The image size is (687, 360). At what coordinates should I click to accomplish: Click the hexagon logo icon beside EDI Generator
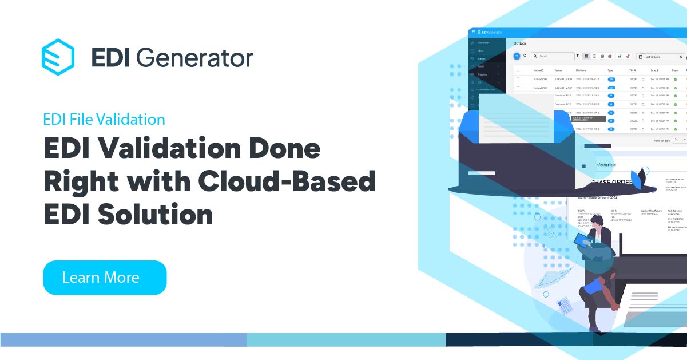pyautogui.click(x=58, y=57)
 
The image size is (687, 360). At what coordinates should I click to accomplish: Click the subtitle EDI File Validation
pyautogui.click(x=104, y=120)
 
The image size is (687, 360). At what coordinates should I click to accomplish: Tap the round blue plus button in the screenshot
pyautogui.click(x=517, y=56)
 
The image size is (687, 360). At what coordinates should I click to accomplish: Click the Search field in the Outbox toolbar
pyautogui.click(x=554, y=56)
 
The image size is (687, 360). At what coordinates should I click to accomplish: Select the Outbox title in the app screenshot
pyautogui.click(x=519, y=43)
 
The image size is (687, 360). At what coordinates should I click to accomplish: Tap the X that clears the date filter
pyautogui.click(x=681, y=57)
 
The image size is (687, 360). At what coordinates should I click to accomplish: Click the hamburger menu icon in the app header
pyautogui.click(x=473, y=32)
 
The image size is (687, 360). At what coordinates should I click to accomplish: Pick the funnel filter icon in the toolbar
pyautogui.click(x=578, y=56)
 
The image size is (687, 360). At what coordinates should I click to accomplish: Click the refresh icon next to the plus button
pyautogui.click(x=525, y=56)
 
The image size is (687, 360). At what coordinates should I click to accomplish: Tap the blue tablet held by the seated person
pyautogui.click(x=583, y=244)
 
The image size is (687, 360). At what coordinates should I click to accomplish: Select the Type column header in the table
pyautogui.click(x=610, y=70)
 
